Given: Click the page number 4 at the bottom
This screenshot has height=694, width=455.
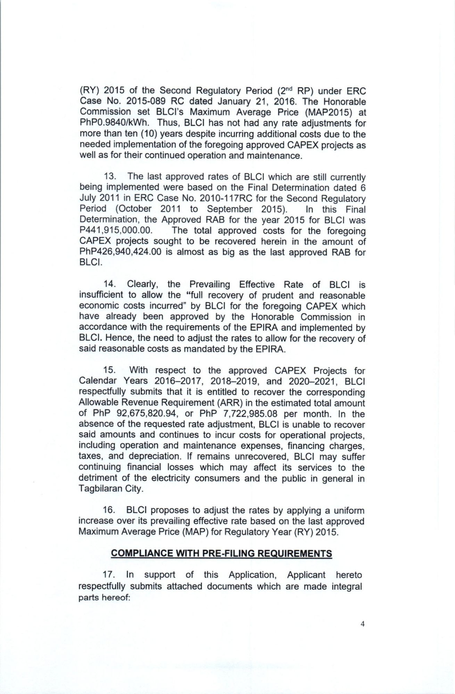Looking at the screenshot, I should pos(363,624).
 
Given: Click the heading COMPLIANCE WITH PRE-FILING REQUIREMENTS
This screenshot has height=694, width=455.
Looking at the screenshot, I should pos(221,553).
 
